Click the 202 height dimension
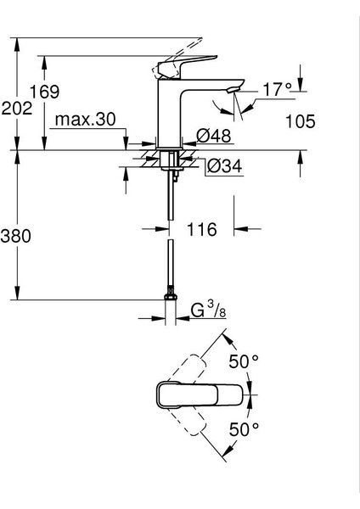(x=17, y=108)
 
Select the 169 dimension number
(x=44, y=92)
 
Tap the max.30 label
(x=85, y=120)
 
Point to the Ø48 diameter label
(x=213, y=135)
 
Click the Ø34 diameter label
(x=224, y=166)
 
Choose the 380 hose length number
(x=16, y=236)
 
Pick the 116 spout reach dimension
(x=201, y=230)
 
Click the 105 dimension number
(x=301, y=121)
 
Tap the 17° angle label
(x=277, y=89)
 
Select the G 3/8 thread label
(x=208, y=310)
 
